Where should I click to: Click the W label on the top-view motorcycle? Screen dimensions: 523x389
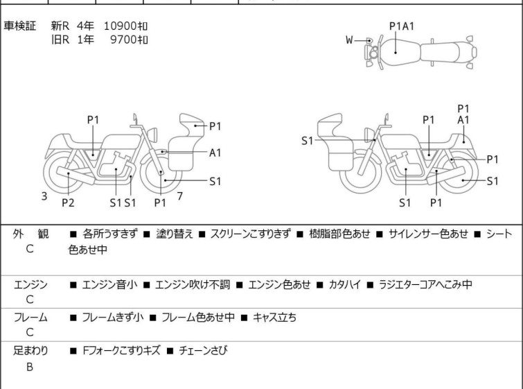(x=349, y=40)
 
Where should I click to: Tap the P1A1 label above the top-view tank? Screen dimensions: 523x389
(x=402, y=26)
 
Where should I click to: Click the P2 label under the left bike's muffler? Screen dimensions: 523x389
(x=68, y=202)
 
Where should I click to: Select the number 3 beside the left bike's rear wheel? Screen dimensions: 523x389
(x=44, y=196)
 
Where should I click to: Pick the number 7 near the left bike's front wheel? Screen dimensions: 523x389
(x=180, y=196)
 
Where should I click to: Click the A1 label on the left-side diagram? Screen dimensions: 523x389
(x=215, y=153)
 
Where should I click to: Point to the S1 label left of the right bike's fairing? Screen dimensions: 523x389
(x=307, y=141)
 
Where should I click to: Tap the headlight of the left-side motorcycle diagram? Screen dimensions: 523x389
(x=152, y=135)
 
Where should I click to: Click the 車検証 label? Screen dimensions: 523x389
(x=19, y=26)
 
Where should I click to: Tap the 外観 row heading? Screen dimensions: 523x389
(x=30, y=234)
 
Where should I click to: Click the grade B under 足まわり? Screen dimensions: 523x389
(x=30, y=367)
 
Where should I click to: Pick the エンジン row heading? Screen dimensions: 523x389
(x=30, y=284)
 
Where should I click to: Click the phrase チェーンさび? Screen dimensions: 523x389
(x=203, y=350)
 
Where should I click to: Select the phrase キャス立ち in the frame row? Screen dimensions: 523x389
(x=274, y=317)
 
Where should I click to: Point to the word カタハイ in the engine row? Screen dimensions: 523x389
(x=345, y=284)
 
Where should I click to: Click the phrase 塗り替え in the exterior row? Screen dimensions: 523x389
(x=175, y=234)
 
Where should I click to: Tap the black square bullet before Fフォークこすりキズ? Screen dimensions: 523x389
(x=73, y=351)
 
